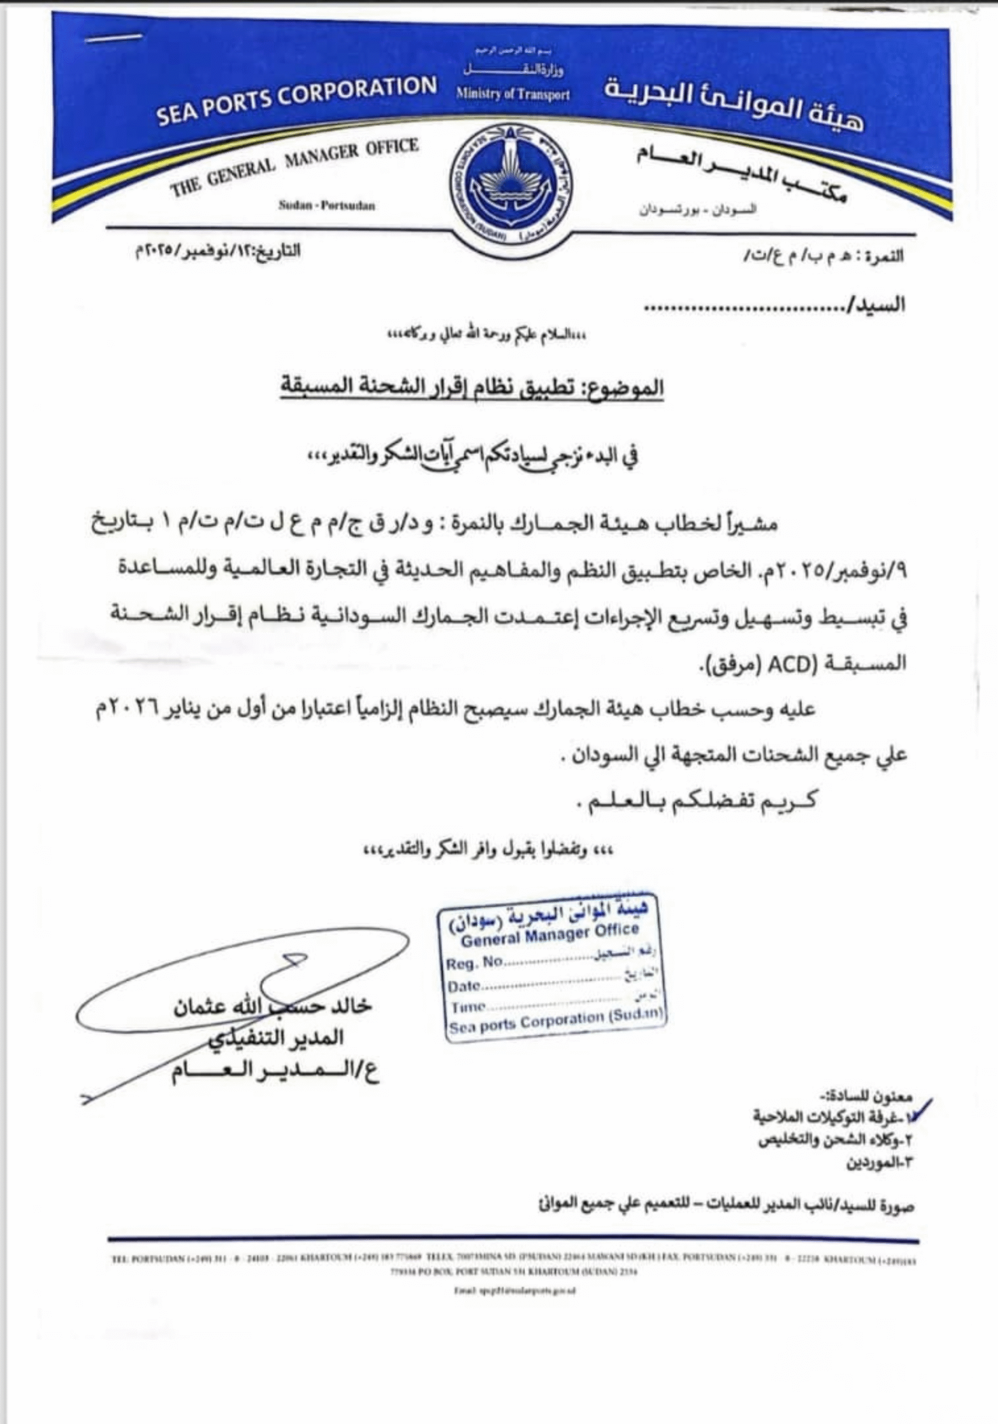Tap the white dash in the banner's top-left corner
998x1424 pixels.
tap(114, 38)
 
